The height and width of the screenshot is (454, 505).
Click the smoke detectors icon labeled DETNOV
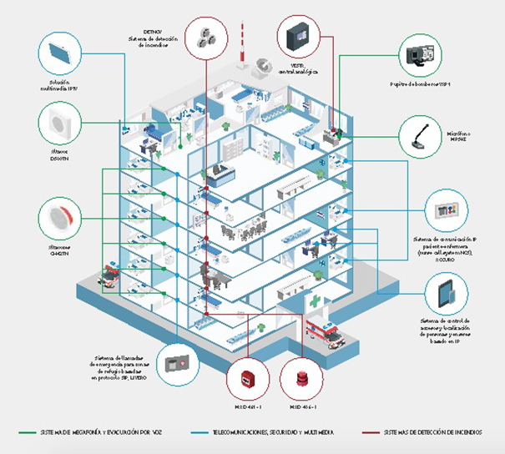[205, 36]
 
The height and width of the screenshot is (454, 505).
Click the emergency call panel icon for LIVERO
[178, 365]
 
